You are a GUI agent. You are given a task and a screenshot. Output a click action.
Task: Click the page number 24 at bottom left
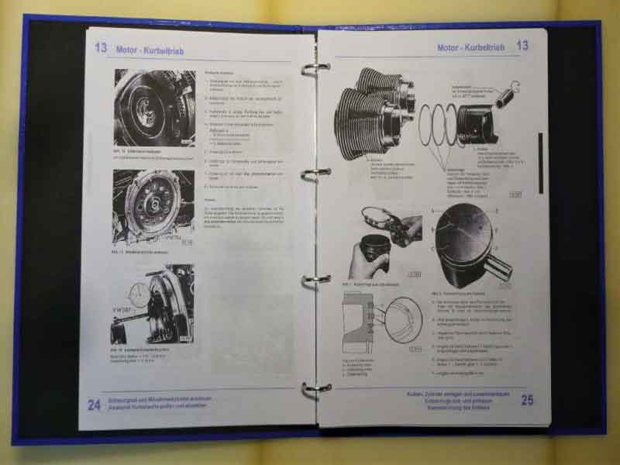click(x=94, y=404)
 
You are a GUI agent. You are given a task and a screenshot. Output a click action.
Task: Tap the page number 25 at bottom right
click(x=527, y=400)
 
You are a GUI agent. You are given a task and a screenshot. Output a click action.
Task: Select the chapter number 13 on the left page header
click(x=101, y=47)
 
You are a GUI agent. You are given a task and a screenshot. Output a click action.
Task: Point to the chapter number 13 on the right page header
click(x=522, y=46)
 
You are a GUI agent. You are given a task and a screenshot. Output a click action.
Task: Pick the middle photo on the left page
click(x=153, y=208)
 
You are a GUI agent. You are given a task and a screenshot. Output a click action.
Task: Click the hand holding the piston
click(x=368, y=260)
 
